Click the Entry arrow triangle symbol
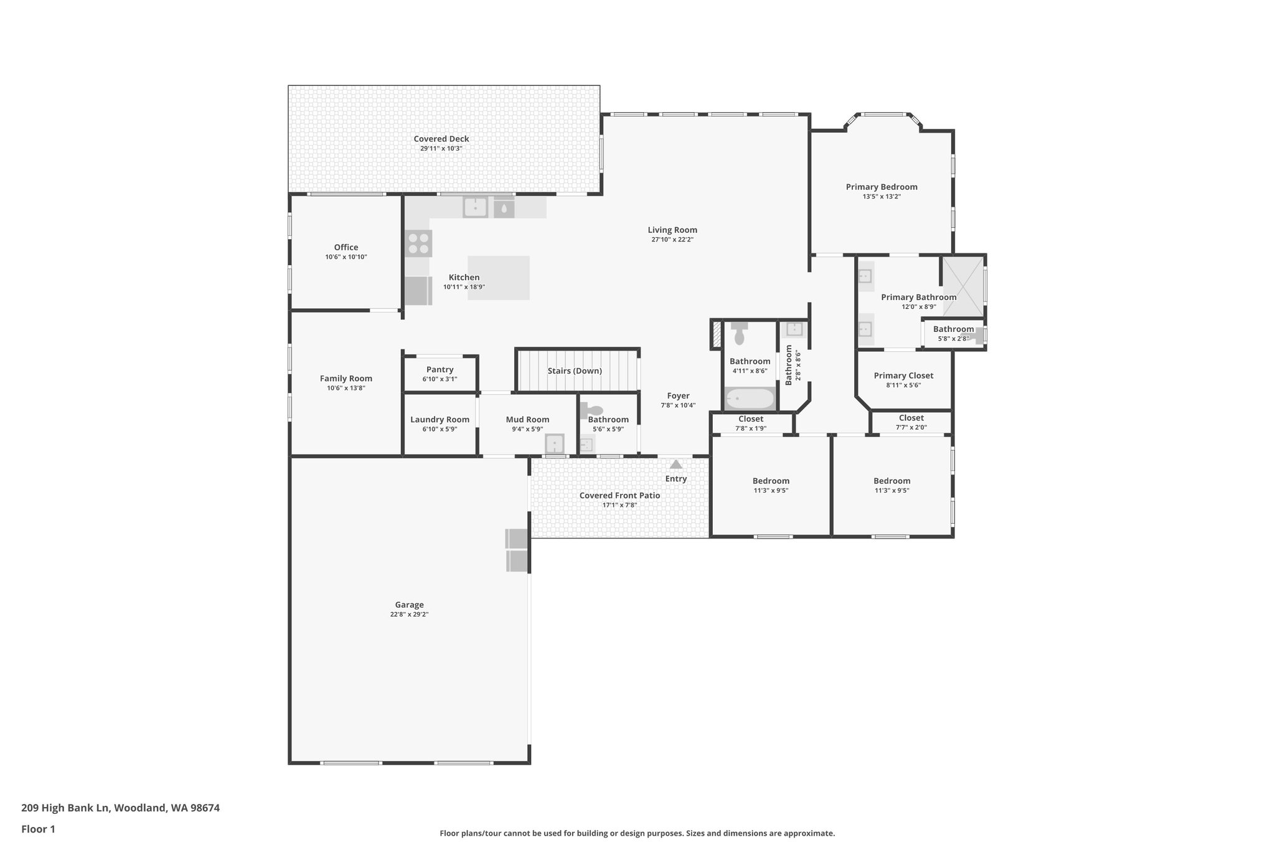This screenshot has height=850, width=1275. (x=675, y=464)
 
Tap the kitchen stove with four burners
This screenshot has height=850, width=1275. (x=418, y=243)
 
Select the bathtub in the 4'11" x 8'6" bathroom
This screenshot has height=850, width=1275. (x=750, y=399)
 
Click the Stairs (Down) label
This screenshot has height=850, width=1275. (x=574, y=371)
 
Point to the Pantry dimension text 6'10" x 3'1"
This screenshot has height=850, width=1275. (x=440, y=379)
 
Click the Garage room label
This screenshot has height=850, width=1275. (x=409, y=605)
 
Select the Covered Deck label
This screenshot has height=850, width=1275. (x=441, y=139)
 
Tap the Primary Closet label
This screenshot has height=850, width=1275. (x=903, y=375)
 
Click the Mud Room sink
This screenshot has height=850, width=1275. (x=554, y=444)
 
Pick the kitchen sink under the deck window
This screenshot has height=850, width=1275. (x=475, y=207)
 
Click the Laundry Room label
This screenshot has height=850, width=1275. (x=440, y=420)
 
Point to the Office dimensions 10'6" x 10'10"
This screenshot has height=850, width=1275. (x=346, y=257)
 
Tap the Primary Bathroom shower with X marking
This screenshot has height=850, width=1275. (x=962, y=286)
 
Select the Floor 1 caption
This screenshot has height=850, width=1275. (x=38, y=829)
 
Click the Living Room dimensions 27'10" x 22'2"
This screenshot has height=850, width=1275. (x=672, y=240)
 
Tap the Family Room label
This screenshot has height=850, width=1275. (x=346, y=379)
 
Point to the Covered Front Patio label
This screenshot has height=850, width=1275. (x=619, y=496)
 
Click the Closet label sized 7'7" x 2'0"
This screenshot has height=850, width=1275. (x=911, y=418)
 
